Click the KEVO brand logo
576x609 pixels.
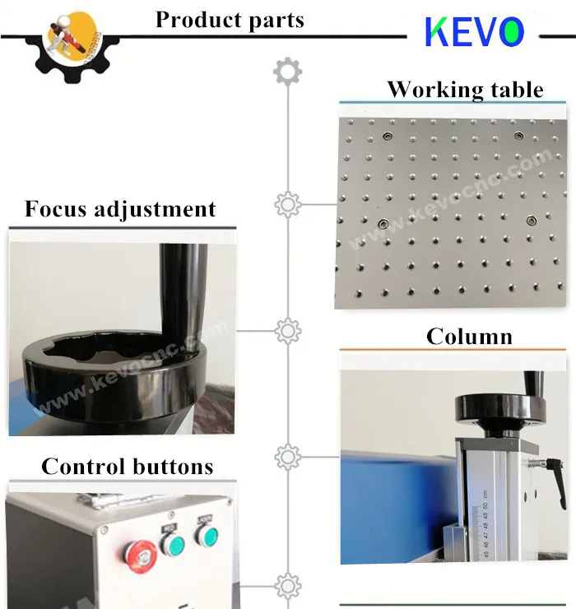[474, 32]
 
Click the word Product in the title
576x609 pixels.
[197, 20]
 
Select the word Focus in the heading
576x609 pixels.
[56, 209]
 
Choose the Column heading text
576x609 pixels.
[469, 337]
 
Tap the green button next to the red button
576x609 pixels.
[174, 544]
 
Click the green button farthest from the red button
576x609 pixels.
[206, 537]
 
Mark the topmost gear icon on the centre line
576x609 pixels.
[286, 72]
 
